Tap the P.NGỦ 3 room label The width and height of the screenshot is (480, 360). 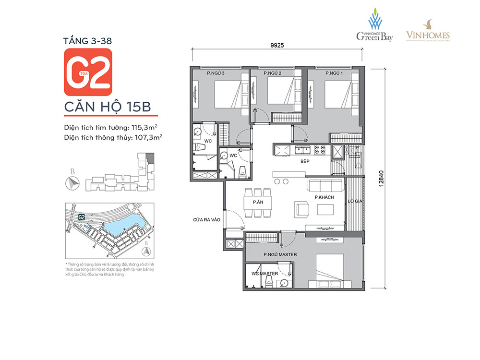216,73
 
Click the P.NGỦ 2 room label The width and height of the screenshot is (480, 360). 272,73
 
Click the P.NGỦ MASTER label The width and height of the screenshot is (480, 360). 280,254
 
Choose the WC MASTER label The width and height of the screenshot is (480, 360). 265,274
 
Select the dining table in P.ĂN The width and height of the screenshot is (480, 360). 258,204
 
